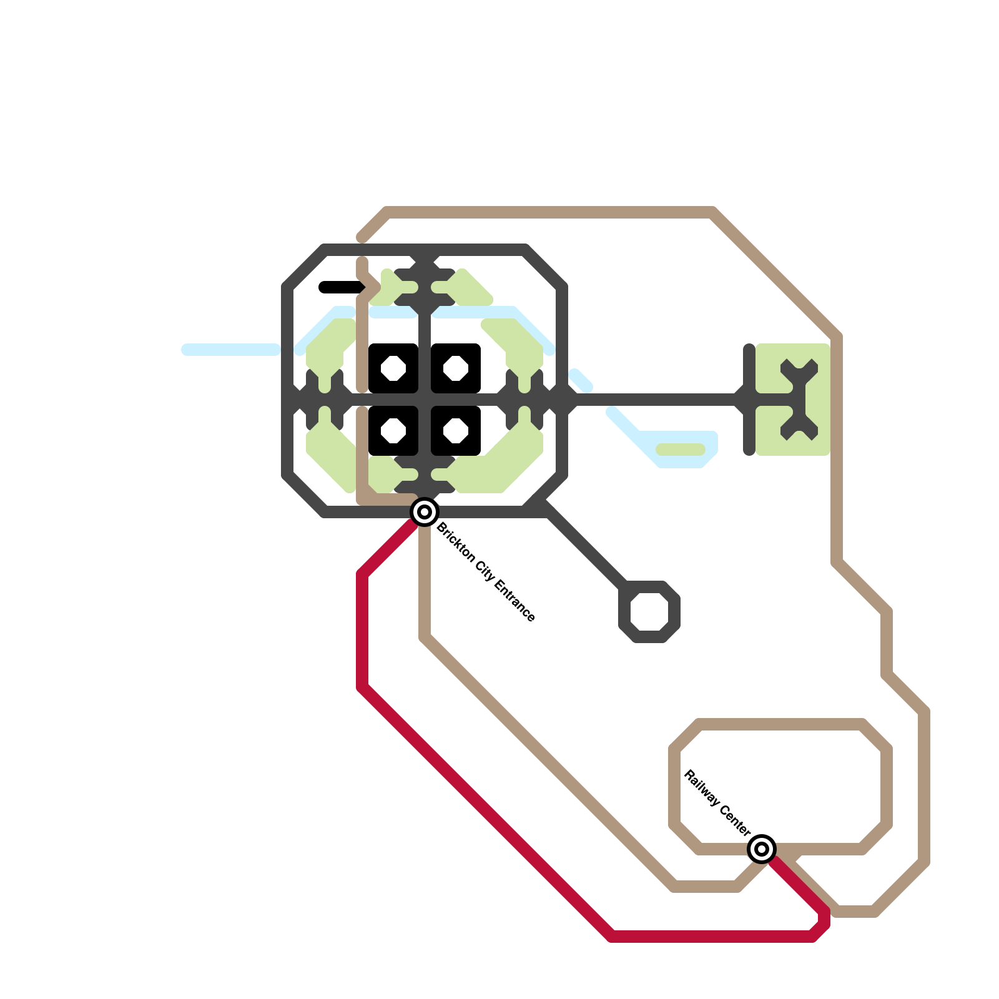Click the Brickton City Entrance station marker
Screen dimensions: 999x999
425,512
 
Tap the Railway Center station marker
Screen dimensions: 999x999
762,849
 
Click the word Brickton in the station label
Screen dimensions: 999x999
455,541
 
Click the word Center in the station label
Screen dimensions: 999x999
735,819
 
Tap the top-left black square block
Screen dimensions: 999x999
393,368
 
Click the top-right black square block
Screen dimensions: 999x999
456,368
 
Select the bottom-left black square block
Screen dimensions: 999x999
393,431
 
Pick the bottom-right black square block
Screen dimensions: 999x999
456,431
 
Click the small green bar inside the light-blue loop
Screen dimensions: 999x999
681,450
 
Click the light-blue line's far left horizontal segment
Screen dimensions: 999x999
231,350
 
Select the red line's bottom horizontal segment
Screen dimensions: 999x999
712,937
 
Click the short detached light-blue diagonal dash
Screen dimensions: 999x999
581,380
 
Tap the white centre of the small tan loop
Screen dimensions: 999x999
780,787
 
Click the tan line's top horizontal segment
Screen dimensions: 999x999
549,212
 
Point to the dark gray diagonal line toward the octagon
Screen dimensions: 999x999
587,549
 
